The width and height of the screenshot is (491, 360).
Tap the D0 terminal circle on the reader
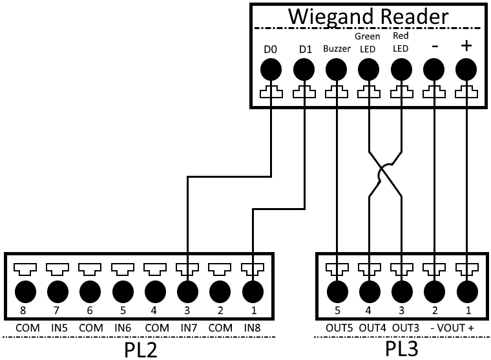coord(270,69)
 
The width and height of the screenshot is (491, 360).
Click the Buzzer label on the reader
coord(336,49)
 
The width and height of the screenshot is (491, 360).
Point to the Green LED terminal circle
coord(368,69)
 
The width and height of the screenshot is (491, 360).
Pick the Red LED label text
coord(401,43)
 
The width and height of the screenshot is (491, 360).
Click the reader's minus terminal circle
coord(434,69)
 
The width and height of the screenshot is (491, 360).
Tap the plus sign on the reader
coord(466,47)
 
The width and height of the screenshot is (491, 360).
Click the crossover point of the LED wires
coord(385,173)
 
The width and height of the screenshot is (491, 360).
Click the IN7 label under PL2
coord(187,328)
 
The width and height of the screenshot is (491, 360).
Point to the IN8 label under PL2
coord(252,328)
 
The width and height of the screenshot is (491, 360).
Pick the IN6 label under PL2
coord(123,328)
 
